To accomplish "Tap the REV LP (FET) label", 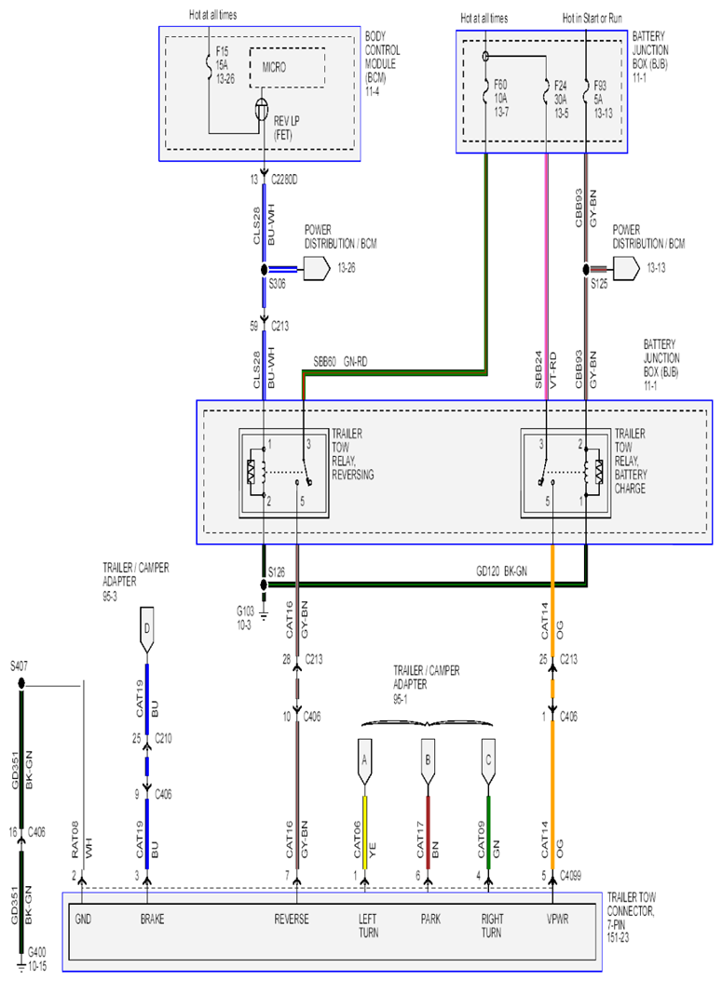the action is (286, 128).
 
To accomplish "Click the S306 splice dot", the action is (265, 270).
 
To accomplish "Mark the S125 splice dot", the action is (586, 270).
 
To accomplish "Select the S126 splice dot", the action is (264, 585).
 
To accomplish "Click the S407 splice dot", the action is (21, 684).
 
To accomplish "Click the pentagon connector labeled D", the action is (146, 630).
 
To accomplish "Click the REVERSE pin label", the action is (292, 919).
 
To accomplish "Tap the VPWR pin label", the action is (557, 919).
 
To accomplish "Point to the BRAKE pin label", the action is (152, 919).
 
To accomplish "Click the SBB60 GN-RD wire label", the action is (340, 362).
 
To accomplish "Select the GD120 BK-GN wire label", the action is (501, 571).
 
